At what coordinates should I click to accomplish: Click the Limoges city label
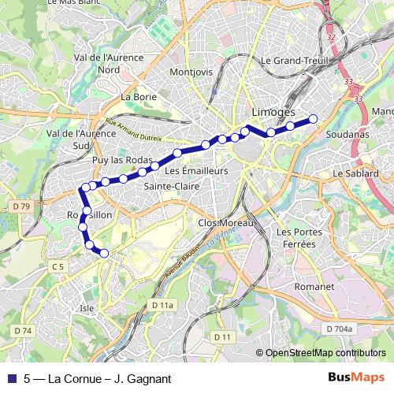(x=273, y=113)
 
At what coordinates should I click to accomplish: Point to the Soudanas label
(x=347, y=135)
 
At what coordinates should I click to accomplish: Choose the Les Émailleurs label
(x=196, y=170)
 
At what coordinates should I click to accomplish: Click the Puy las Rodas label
(x=121, y=160)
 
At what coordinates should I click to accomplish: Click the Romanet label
(x=314, y=288)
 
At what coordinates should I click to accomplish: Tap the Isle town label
(x=87, y=309)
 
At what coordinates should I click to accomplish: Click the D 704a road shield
(x=340, y=328)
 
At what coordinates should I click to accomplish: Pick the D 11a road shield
(x=162, y=304)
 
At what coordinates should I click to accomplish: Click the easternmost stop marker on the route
(x=313, y=119)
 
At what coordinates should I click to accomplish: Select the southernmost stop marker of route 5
(x=102, y=252)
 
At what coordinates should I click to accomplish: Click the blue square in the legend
(x=12, y=379)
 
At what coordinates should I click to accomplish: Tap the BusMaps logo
(x=359, y=378)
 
